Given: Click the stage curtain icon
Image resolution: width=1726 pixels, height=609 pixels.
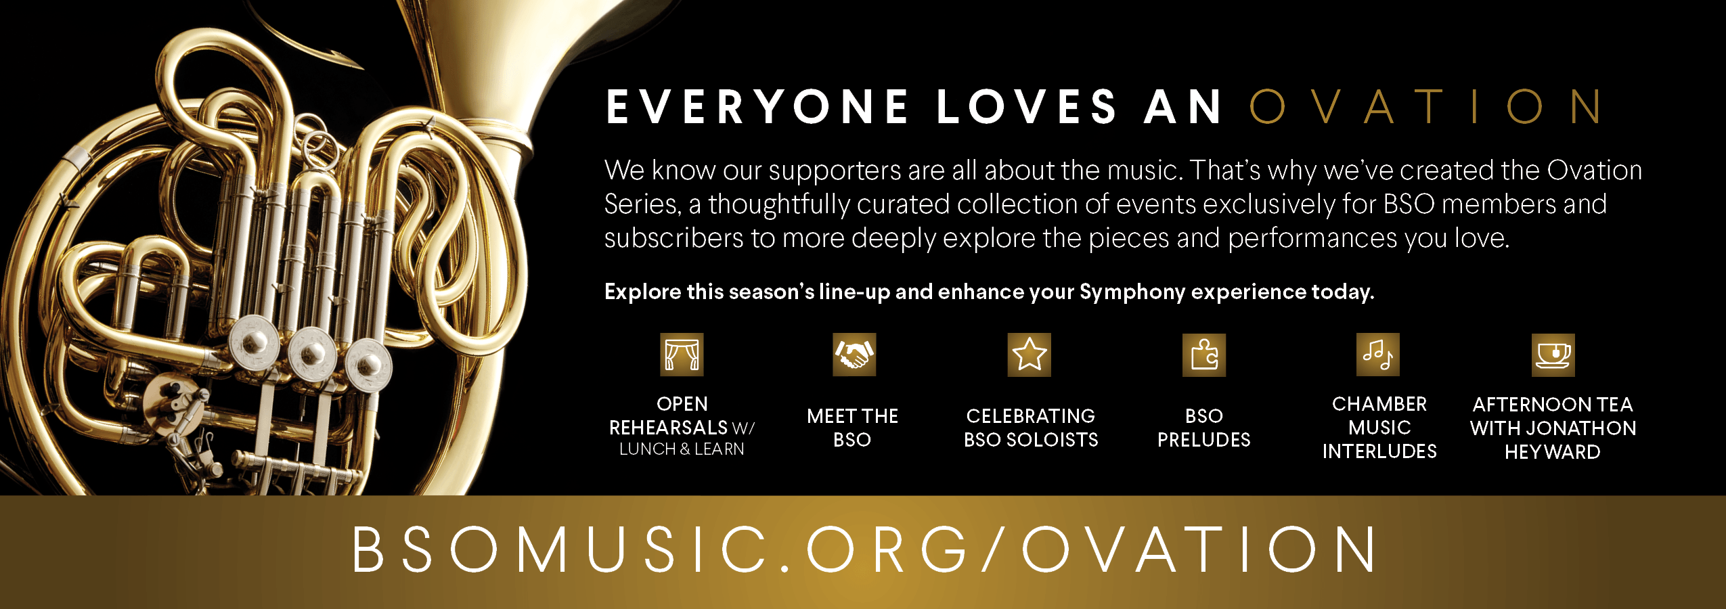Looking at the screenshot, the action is click(x=682, y=355).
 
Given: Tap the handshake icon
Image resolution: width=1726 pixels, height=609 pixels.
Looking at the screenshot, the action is click(x=854, y=355).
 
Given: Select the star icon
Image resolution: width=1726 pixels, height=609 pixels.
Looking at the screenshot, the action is click(x=1029, y=355).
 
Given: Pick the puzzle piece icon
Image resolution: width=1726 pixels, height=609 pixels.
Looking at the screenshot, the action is click(x=1204, y=355).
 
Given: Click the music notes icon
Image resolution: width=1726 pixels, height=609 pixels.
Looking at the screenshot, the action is click(x=1377, y=355).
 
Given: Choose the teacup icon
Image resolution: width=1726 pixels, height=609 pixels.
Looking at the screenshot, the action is click(x=1553, y=355).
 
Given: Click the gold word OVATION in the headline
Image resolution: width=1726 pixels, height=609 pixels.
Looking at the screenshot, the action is click(x=1425, y=107).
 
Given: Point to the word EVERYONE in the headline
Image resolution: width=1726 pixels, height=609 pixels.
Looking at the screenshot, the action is click(x=757, y=107).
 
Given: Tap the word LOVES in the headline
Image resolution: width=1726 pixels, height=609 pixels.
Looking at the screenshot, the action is click(x=1027, y=107).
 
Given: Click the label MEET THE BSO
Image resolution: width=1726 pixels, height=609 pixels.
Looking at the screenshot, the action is click(x=852, y=428).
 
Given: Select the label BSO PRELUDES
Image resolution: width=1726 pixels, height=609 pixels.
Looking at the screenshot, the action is click(x=1204, y=428).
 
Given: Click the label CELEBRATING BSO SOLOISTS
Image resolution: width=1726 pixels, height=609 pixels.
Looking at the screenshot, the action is click(x=1031, y=428).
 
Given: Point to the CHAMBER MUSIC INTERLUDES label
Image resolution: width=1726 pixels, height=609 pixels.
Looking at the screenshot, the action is click(x=1379, y=428).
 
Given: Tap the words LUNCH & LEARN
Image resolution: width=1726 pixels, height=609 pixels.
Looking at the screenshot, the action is click(x=682, y=449).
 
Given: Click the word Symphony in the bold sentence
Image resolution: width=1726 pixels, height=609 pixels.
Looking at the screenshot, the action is click(x=1132, y=292).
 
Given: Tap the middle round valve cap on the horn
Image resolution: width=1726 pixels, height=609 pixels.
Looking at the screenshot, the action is click(x=312, y=352).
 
